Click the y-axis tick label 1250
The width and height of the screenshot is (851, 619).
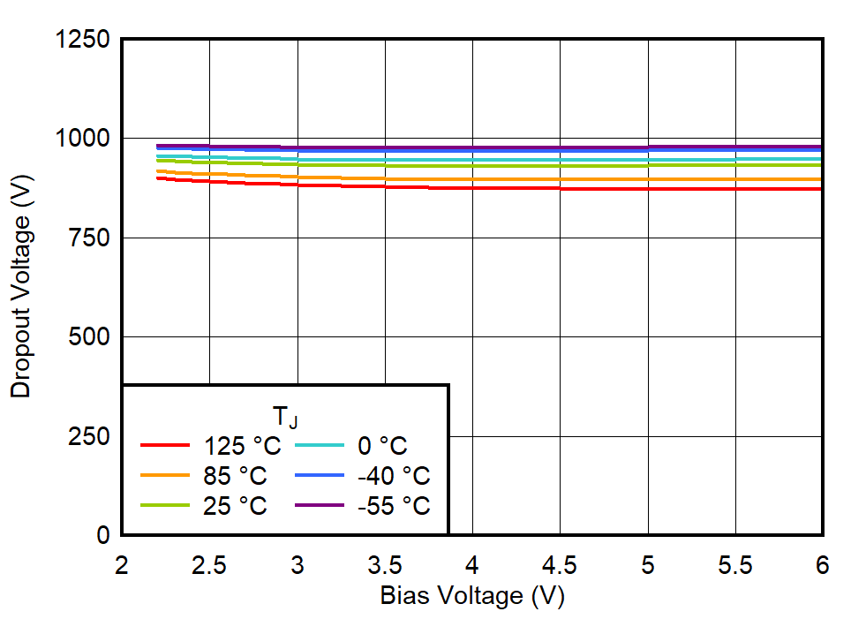point(83,40)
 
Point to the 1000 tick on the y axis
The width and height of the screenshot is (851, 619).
point(83,139)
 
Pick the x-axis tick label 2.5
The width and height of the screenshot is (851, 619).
point(209,565)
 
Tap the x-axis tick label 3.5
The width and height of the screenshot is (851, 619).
point(385,565)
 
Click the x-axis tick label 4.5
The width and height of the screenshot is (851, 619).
point(560,565)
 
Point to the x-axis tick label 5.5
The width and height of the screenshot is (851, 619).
point(735,565)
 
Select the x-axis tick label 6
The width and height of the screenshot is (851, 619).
point(822,565)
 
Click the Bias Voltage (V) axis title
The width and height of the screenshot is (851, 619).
point(472,597)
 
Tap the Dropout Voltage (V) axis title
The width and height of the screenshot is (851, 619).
point(22,287)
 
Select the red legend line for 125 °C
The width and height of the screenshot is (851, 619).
point(165,446)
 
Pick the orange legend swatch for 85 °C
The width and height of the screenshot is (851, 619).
point(165,476)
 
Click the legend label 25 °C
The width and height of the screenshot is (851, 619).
point(235,506)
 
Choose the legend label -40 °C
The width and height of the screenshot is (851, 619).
point(394,476)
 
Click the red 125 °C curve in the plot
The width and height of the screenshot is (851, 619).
point(530,188)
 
